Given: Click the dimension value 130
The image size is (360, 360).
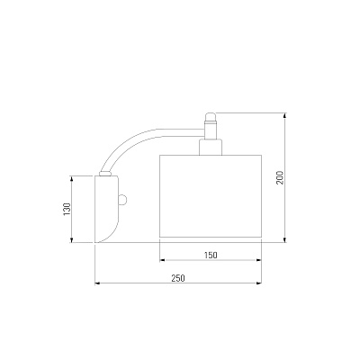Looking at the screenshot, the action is pyautogui.click(x=67, y=209).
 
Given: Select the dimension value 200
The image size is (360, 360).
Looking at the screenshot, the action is pyautogui.click(x=280, y=177).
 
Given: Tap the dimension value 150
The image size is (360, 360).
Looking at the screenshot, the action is pyautogui.click(x=211, y=256).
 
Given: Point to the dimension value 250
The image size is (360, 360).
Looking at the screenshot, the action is pyautogui.click(x=178, y=278).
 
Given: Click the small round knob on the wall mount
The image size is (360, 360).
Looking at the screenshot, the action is pyautogui.click(x=123, y=200).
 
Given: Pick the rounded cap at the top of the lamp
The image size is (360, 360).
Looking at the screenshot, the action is pyautogui.click(x=211, y=116).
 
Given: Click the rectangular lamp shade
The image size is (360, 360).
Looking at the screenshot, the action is pyautogui.click(x=211, y=196).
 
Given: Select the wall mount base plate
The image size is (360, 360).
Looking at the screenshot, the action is pyautogui.click(x=107, y=209).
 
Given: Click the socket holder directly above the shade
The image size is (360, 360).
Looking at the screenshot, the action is pyautogui.click(x=211, y=148).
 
